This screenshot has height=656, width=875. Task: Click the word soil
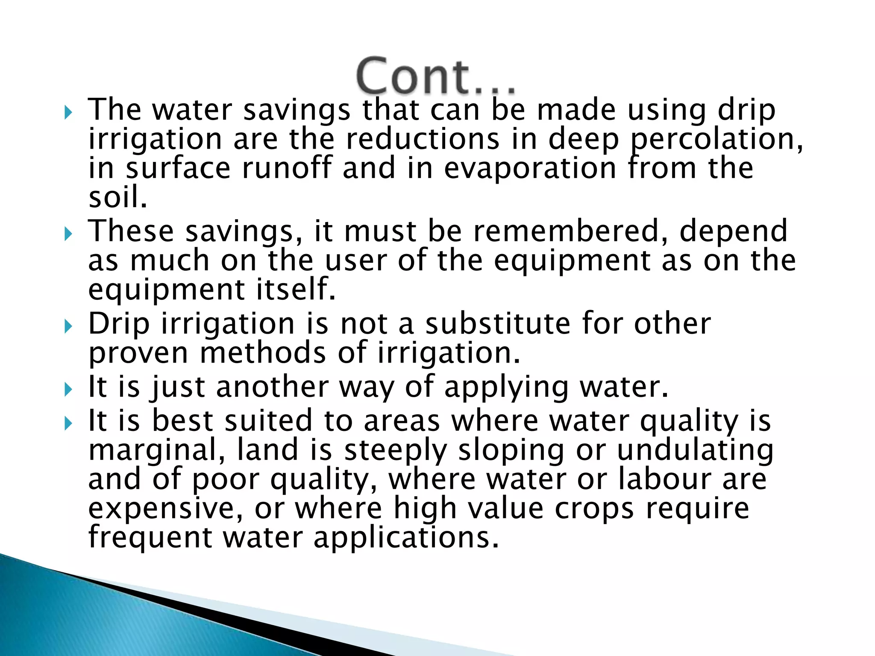pos(117,197)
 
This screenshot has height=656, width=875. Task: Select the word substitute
pos(498,323)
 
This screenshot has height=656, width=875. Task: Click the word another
pos(273,387)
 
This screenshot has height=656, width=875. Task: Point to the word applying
pos(506,387)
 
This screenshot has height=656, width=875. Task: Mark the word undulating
pos(695,450)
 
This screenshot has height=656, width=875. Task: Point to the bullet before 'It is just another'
pos(68,389)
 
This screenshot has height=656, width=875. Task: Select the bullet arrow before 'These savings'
pos(68,234)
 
